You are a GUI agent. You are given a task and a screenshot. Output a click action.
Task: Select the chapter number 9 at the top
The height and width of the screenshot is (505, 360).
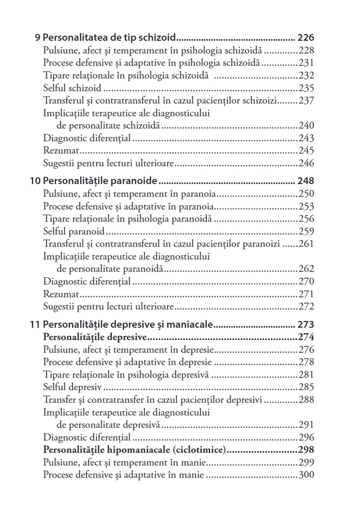coord(37,37)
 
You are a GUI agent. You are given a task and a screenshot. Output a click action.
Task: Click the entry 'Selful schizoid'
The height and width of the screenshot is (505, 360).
coord(72,88)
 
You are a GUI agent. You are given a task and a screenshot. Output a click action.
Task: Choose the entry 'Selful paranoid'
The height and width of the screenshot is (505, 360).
coord(74,232)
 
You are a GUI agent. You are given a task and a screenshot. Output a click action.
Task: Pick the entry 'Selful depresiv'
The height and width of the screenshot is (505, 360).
coord(72,387)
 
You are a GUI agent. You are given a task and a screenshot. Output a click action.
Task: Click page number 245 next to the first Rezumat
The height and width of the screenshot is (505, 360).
coord(306,151)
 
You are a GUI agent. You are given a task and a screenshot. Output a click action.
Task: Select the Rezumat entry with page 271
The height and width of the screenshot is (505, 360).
coord(61,295)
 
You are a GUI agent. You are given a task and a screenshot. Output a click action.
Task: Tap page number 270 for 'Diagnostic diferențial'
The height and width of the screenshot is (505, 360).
coord(306,282)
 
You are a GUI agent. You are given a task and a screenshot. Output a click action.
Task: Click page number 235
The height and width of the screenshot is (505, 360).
coord(306,88)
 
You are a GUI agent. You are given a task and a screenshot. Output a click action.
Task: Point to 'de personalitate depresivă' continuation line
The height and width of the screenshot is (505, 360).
coord(110,424)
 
